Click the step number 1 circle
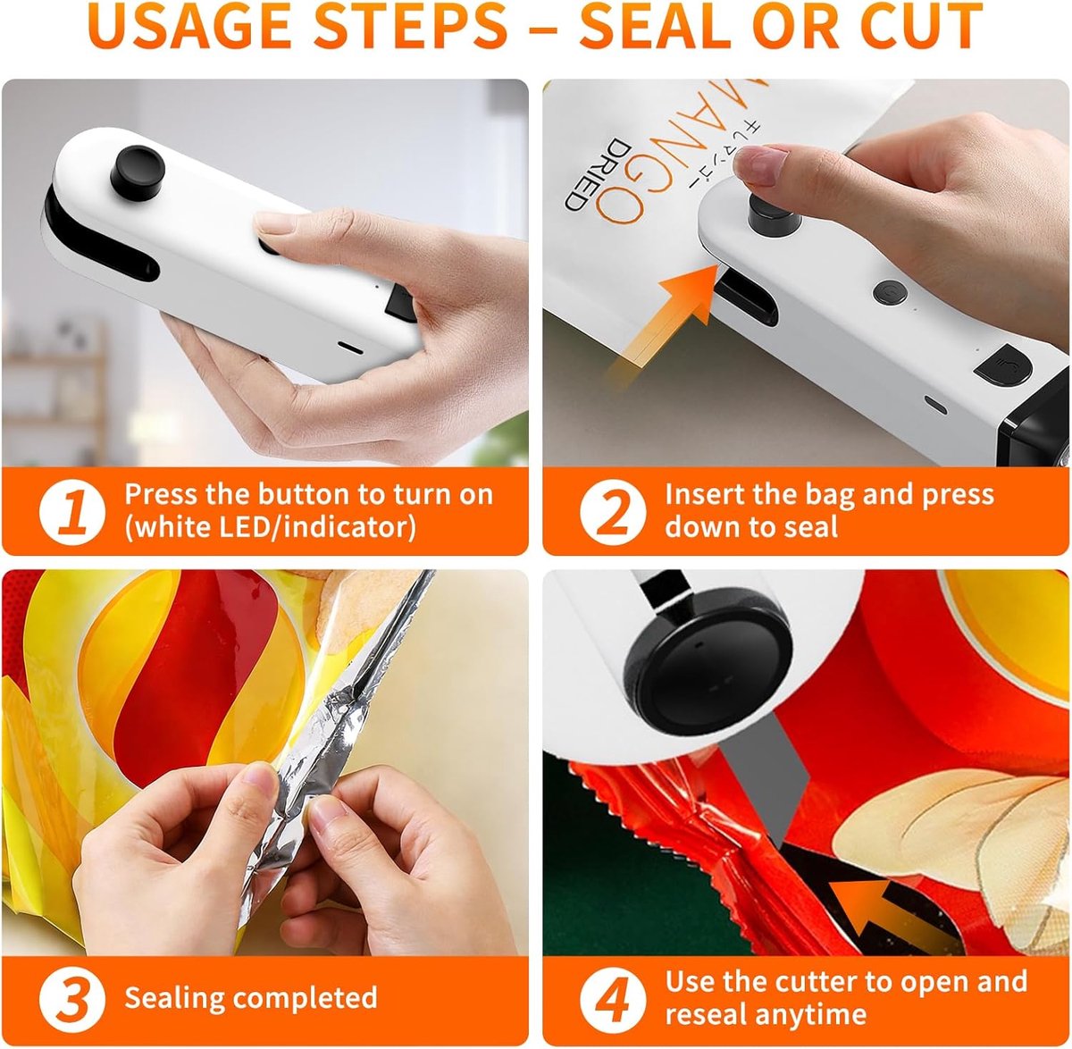72,512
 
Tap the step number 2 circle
613,512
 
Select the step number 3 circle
72,999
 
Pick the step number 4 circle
613,999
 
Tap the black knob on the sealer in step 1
138,172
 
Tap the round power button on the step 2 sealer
891,291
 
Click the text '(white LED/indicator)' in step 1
270,528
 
